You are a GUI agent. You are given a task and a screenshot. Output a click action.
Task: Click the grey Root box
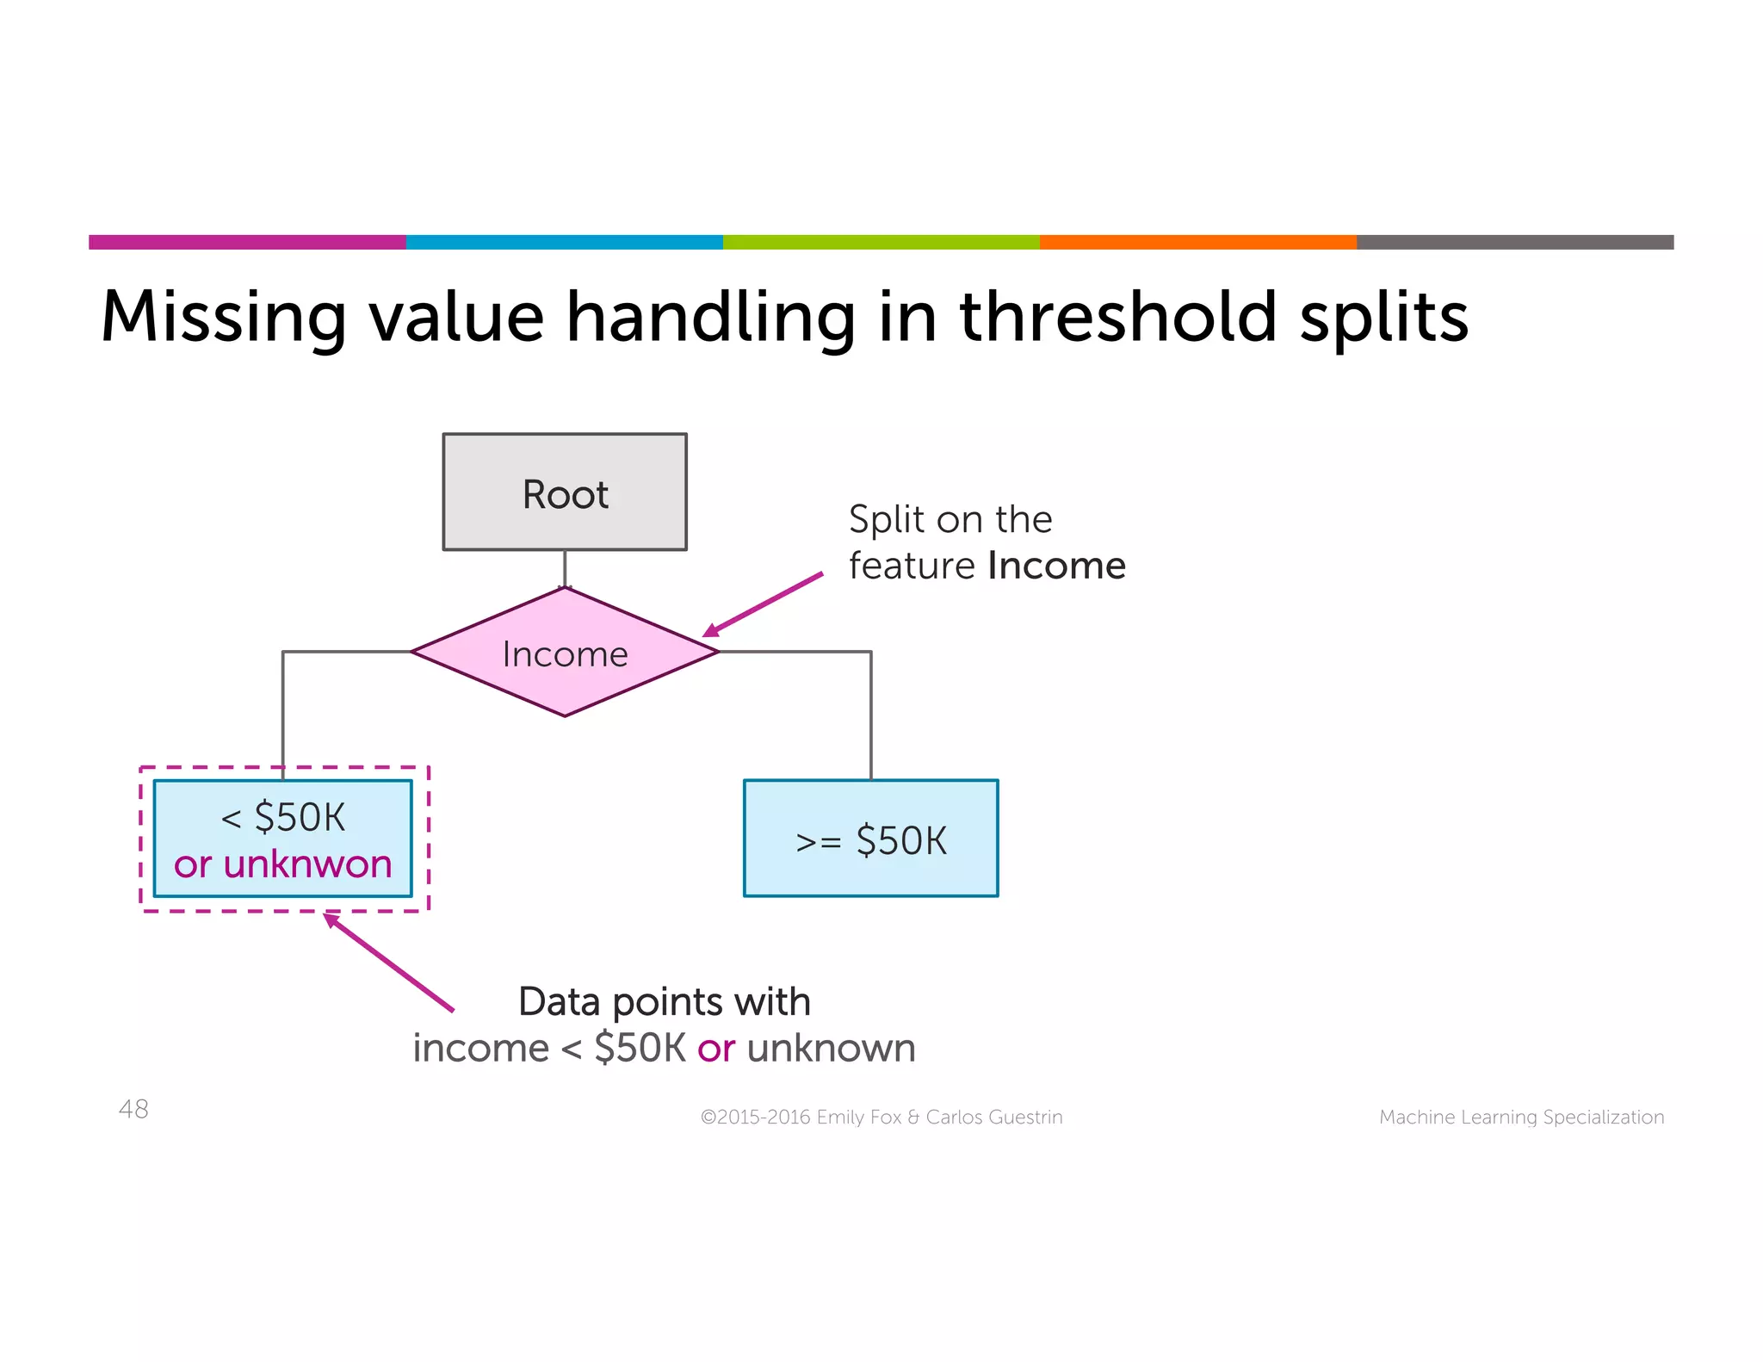pyautogui.click(x=565, y=492)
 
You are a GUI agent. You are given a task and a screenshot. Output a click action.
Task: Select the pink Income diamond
pyautogui.click(x=565, y=653)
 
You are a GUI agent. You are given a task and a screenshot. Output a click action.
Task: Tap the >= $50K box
pyautogui.click(x=870, y=839)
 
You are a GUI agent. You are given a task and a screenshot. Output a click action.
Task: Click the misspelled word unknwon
pyautogui.click(x=307, y=864)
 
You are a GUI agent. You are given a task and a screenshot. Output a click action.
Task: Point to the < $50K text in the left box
pyautogui.click(x=283, y=816)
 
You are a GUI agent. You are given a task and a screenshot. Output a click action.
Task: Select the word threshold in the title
pyautogui.click(x=1117, y=316)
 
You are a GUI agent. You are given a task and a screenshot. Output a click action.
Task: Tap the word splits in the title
pyautogui.click(x=1383, y=318)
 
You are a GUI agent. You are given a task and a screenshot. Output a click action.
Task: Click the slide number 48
pyautogui.click(x=133, y=1109)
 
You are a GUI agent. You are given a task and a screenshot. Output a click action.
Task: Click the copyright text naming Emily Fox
pyautogui.click(x=881, y=1117)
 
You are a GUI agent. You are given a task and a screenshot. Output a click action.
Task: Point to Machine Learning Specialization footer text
pyautogui.click(x=1521, y=1117)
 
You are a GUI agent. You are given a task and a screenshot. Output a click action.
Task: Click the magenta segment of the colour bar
pyautogui.click(x=247, y=242)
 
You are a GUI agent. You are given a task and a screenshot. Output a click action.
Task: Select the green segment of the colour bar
pyautogui.click(x=881, y=242)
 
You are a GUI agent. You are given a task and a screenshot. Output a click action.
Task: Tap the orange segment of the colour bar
pyautogui.click(x=1197, y=242)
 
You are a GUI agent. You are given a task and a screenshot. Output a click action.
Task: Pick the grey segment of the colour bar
pyautogui.click(x=1514, y=242)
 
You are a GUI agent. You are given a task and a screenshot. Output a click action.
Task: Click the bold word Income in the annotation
pyautogui.click(x=1056, y=566)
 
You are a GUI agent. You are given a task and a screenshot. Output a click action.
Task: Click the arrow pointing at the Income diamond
pyautogui.click(x=763, y=604)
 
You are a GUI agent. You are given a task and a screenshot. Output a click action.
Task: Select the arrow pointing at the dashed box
pyautogui.click(x=389, y=963)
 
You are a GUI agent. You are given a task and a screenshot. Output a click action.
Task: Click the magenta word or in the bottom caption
pyautogui.click(x=715, y=1049)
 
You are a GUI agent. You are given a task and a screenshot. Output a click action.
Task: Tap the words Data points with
pyautogui.click(x=664, y=1001)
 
